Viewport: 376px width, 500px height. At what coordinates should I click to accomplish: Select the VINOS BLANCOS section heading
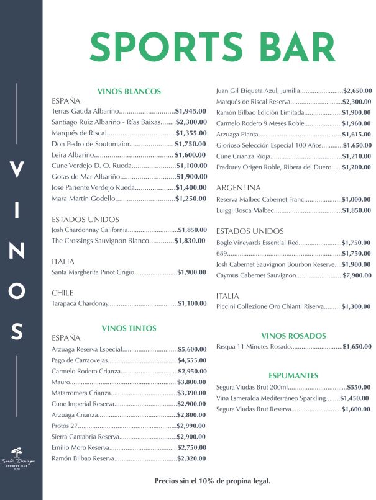click(129, 91)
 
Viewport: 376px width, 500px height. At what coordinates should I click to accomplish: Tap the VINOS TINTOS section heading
click(129, 328)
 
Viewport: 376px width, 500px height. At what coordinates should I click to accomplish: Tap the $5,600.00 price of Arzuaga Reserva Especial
click(192, 349)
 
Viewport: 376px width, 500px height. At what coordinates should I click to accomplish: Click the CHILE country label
click(62, 293)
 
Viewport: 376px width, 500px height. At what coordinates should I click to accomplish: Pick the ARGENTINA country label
click(239, 188)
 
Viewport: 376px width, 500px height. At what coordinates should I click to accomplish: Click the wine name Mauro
click(61, 382)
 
